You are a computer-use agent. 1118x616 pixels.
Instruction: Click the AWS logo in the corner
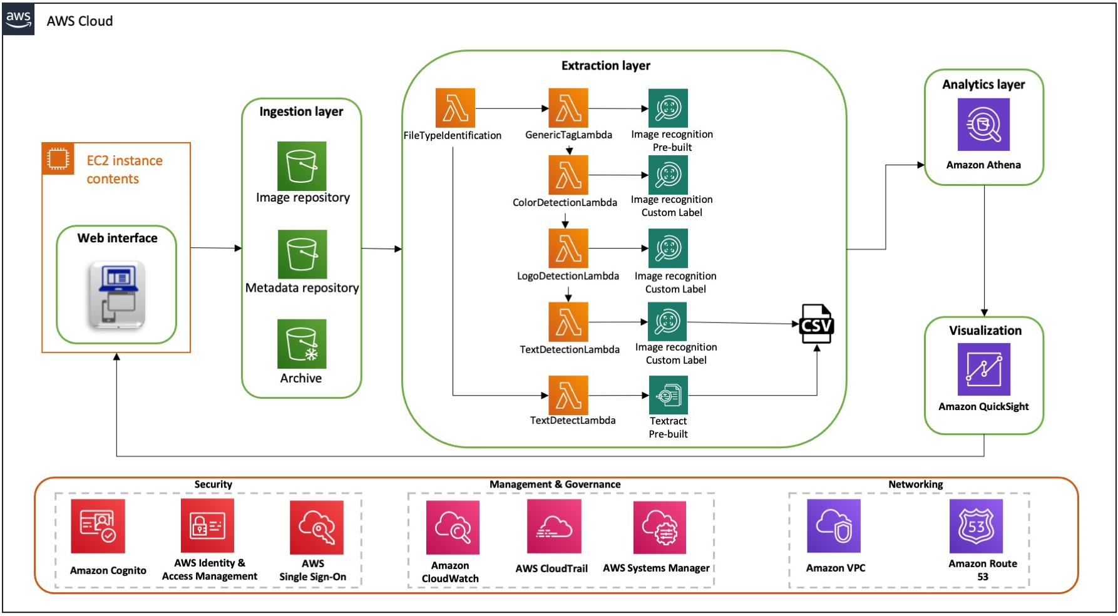pyautogui.click(x=19, y=19)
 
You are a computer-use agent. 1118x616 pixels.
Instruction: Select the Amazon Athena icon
pyautogui.click(x=983, y=124)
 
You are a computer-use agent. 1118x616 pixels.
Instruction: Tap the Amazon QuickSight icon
pyautogui.click(x=983, y=369)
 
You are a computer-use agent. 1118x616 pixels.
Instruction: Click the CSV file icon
pyautogui.click(x=816, y=324)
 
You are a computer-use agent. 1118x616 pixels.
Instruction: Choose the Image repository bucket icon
pyautogui.click(x=302, y=166)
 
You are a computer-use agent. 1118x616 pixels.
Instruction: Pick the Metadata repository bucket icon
pyautogui.click(x=302, y=254)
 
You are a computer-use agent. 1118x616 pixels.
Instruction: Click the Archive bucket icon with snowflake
pyautogui.click(x=302, y=344)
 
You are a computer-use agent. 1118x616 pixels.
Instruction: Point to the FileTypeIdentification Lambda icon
pyautogui.click(x=455, y=108)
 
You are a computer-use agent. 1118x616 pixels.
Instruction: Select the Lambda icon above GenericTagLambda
pyautogui.click(x=568, y=108)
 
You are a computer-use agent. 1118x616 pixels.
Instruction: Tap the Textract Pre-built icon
pyautogui.click(x=669, y=395)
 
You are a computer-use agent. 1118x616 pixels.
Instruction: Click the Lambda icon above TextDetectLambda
pyautogui.click(x=568, y=395)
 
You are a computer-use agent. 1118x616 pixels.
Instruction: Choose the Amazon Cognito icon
pyautogui.click(x=98, y=526)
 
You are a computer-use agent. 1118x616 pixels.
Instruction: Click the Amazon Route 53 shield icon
pyautogui.click(x=976, y=526)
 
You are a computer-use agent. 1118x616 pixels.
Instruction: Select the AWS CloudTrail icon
pyautogui.click(x=554, y=526)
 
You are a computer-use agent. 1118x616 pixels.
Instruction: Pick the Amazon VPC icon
pyautogui.click(x=834, y=526)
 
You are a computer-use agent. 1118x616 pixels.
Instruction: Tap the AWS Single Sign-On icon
pyautogui.click(x=317, y=527)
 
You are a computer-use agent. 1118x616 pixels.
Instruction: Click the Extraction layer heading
pyautogui.click(x=605, y=66)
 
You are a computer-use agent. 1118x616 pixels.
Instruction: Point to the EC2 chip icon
pyautogui.click(x=58, y=158)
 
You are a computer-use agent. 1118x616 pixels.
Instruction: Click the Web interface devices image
pyautogui.click(x=117, y=295)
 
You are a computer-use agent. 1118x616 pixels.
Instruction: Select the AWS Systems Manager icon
pyautogui.click(x=660, y=527)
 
